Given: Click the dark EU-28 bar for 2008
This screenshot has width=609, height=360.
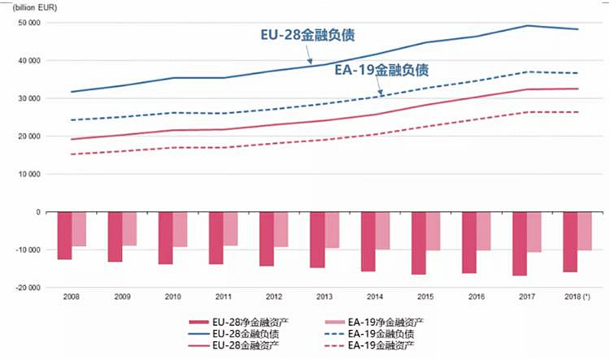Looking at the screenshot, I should (x=65, y=236).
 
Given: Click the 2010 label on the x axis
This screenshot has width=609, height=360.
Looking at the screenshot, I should (x=172, y=298).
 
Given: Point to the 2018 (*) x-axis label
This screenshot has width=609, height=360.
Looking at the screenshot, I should (x=576, y=298).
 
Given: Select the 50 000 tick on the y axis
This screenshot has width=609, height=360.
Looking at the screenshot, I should (x=28, y=23).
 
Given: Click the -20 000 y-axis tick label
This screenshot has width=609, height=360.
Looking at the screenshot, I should (x=27, y=288).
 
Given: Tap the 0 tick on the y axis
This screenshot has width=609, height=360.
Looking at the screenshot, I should (x=37, y=212).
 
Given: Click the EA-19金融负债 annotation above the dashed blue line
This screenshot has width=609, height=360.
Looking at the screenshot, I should (x=382, y=70).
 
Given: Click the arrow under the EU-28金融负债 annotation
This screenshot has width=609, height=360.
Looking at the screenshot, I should (x=307, y=55).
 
